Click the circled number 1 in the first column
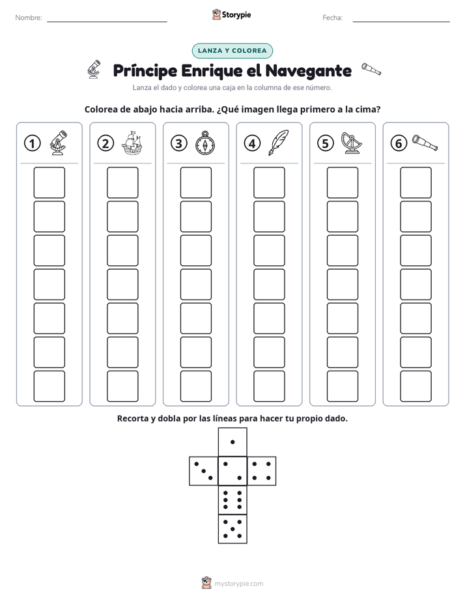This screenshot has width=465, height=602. point(32,143)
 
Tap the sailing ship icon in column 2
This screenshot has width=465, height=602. point(132,143)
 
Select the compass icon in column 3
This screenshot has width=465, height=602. point(205,143)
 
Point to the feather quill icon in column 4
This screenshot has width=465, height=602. point(279,143)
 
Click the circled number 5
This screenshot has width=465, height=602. point(326,143)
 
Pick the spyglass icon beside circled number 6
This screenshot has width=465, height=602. point(425,143)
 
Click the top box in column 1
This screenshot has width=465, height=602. point(49,182)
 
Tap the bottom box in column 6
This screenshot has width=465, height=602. point(416,386)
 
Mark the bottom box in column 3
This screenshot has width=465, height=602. point(195,386)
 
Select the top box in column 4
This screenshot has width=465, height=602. point(269,182)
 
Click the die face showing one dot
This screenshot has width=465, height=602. point(232,442)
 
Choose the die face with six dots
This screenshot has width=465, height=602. point(232,500)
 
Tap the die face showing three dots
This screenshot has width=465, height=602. point(204,471)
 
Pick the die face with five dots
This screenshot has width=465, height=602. point(232,529)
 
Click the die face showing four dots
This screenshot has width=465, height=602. point(262,471)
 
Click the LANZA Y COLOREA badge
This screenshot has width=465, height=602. point(232,51)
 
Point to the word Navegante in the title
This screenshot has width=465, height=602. point(309,70)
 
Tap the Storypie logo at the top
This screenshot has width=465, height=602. point(231,14)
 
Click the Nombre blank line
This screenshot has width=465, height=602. point(107,21)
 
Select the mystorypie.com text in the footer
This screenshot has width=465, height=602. point(238,584)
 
